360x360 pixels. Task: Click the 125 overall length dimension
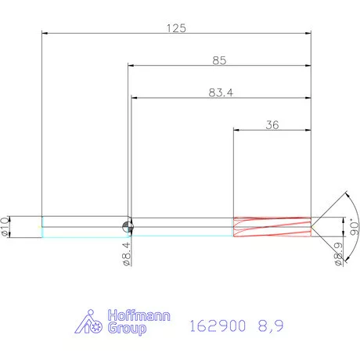click(x=176, y=27)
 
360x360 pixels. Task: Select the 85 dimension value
click(x=220, y=59)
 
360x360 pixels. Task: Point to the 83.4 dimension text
click(x=220, y=92)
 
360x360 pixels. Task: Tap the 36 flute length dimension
click(x=272, y=124)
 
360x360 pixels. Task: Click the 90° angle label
click(x=351, y=227)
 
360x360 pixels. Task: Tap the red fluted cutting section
click(x=272, y=226)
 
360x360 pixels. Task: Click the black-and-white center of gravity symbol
click(x=128, y=226)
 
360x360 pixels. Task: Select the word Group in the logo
click(x=127, y=330)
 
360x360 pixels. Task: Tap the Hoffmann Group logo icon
click(x=91, y=323)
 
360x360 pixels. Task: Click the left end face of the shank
click(x=41, y=226)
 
